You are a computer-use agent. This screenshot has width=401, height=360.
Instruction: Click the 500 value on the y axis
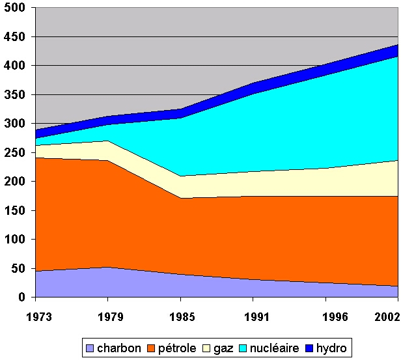pyautogui.click(x=16, y=8)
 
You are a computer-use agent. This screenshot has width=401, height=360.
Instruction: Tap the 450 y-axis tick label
pyautogui.click(x=16, y=37)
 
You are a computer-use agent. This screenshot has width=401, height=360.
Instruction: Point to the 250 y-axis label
pyautogui.click(x=16, y=153)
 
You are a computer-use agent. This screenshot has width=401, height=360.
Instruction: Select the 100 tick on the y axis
pyautogui.click(x=16, y=240)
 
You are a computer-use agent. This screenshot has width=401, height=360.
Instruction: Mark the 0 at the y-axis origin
pyautogui.click(x=22, y=298)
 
